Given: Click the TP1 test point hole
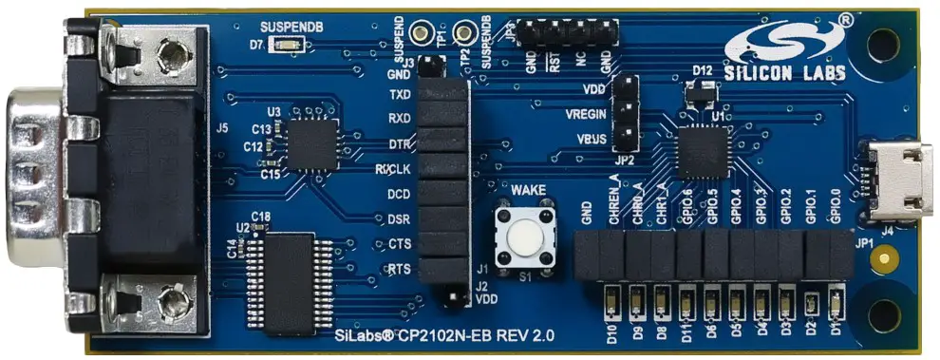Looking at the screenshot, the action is [x=439, y=30].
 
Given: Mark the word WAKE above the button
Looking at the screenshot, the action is [x=528, y=191].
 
